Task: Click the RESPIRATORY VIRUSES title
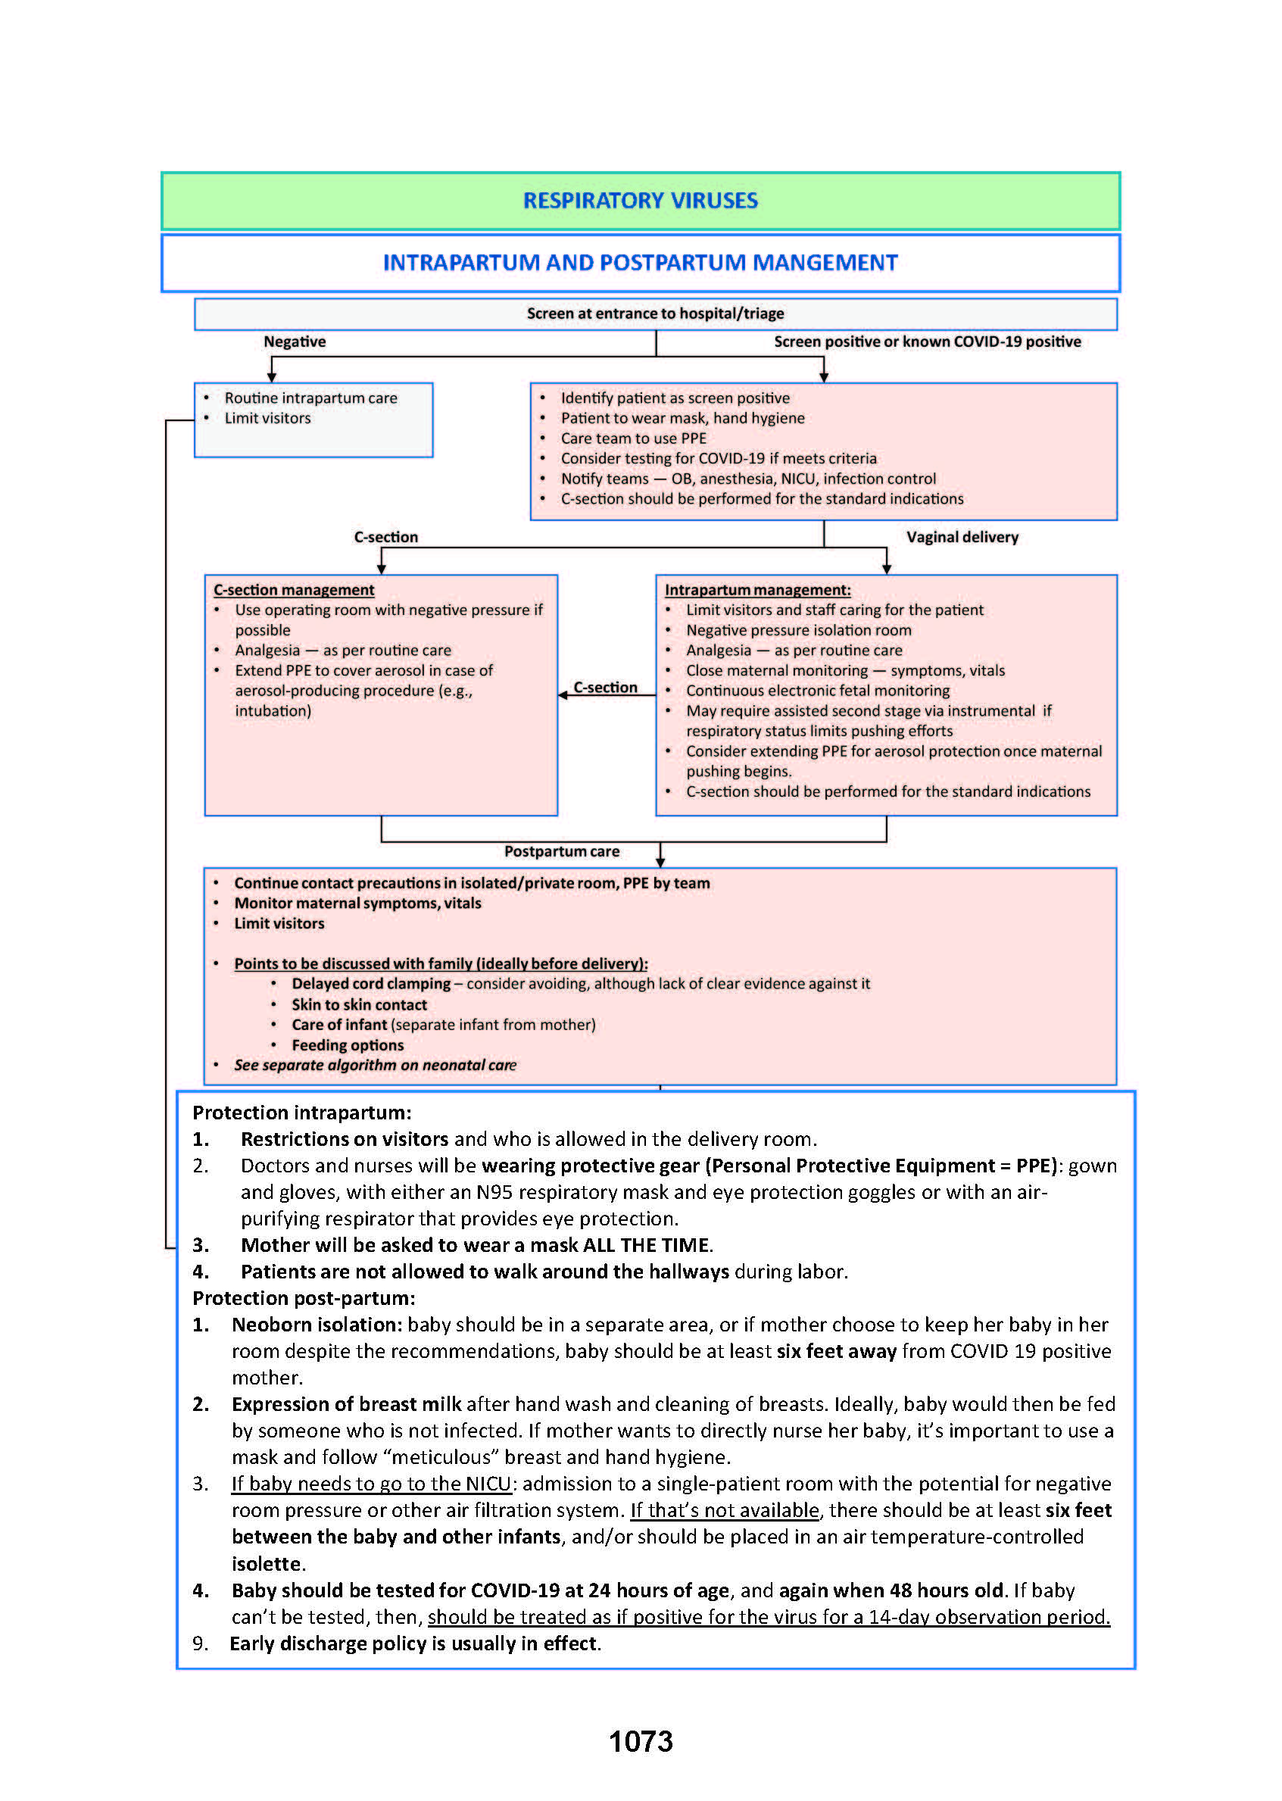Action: point(640,201)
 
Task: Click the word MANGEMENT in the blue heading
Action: point(824,263)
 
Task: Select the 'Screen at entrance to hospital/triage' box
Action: point(655,314)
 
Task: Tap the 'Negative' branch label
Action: point(295,342)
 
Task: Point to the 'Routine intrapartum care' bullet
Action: point(310,398)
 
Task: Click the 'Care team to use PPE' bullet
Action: point(633,439)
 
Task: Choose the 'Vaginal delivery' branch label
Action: point(962,537)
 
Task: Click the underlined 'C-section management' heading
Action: point(294,590)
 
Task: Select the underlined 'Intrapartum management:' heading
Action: point(757,590)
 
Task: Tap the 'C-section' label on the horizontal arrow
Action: point(605,688)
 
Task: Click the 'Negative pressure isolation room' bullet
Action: point(798,630)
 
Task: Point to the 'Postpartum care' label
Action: point(561,851)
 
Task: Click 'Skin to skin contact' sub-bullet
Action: point(359,1004)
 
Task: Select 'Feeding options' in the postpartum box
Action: point(348,1044)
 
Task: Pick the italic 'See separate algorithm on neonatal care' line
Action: point(375,1064)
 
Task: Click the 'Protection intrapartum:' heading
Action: point(301,1113)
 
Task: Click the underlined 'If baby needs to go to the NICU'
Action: point(371,1484)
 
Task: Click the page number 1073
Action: point(640,1741)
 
